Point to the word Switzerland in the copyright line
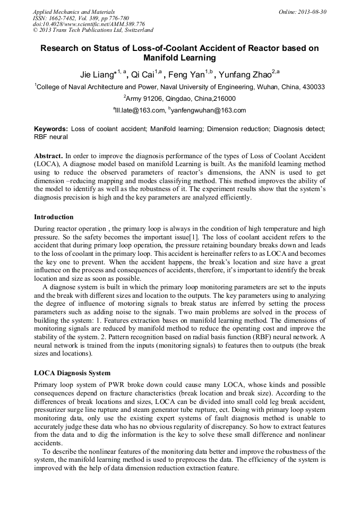pyautogui.click(x=134, y=31)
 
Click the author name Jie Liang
pyautogui.click(x=97, y=74)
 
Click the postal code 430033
pyautogui.click(x=313, y=87)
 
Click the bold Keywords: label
pyautogui.click(x=50, y=129)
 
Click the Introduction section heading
pyautogui.click(x=54, y=217)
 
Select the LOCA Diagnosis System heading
pyautogui.click(x=72, y=373)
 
